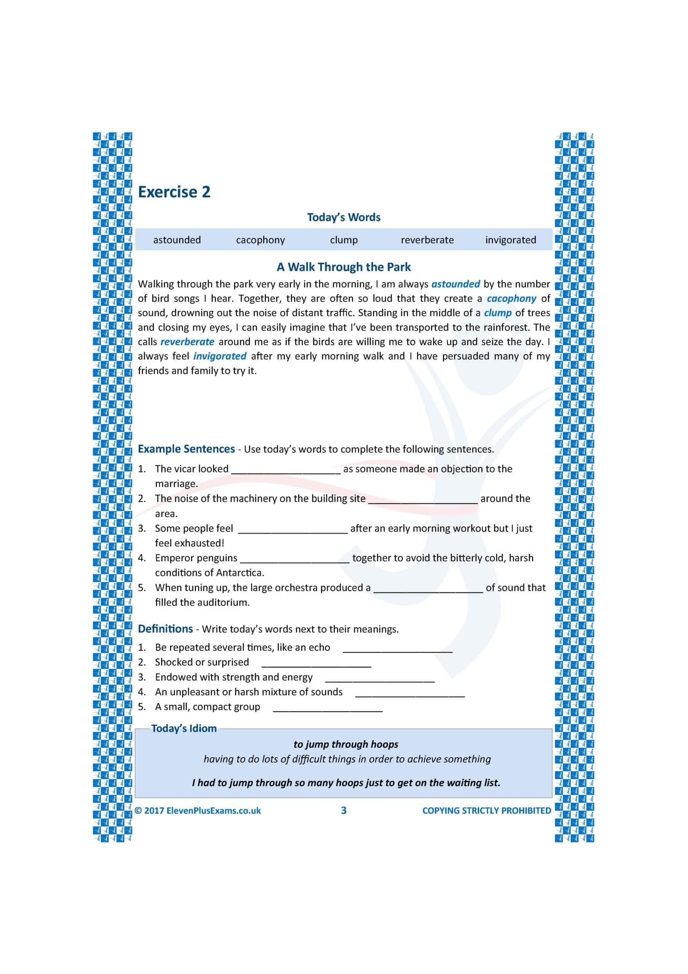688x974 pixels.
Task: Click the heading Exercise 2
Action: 174,192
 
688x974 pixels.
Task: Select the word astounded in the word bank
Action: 177,240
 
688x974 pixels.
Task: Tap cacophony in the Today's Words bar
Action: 260,240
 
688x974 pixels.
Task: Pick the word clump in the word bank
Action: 344,240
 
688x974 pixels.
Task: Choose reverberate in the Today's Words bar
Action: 427,240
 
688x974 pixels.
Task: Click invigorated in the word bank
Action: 510,240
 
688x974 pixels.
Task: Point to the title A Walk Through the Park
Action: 344,267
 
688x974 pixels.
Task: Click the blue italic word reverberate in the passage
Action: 187,342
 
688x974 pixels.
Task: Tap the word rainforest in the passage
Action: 504,328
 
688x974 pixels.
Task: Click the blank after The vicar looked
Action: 286,470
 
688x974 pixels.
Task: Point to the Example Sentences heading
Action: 186,449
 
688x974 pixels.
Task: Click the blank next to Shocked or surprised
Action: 316,664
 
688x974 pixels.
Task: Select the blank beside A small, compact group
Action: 328,708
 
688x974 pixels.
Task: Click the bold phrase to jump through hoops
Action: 346,745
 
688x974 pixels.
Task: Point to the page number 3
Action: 344,811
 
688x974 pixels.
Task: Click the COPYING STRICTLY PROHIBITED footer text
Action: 486,811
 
